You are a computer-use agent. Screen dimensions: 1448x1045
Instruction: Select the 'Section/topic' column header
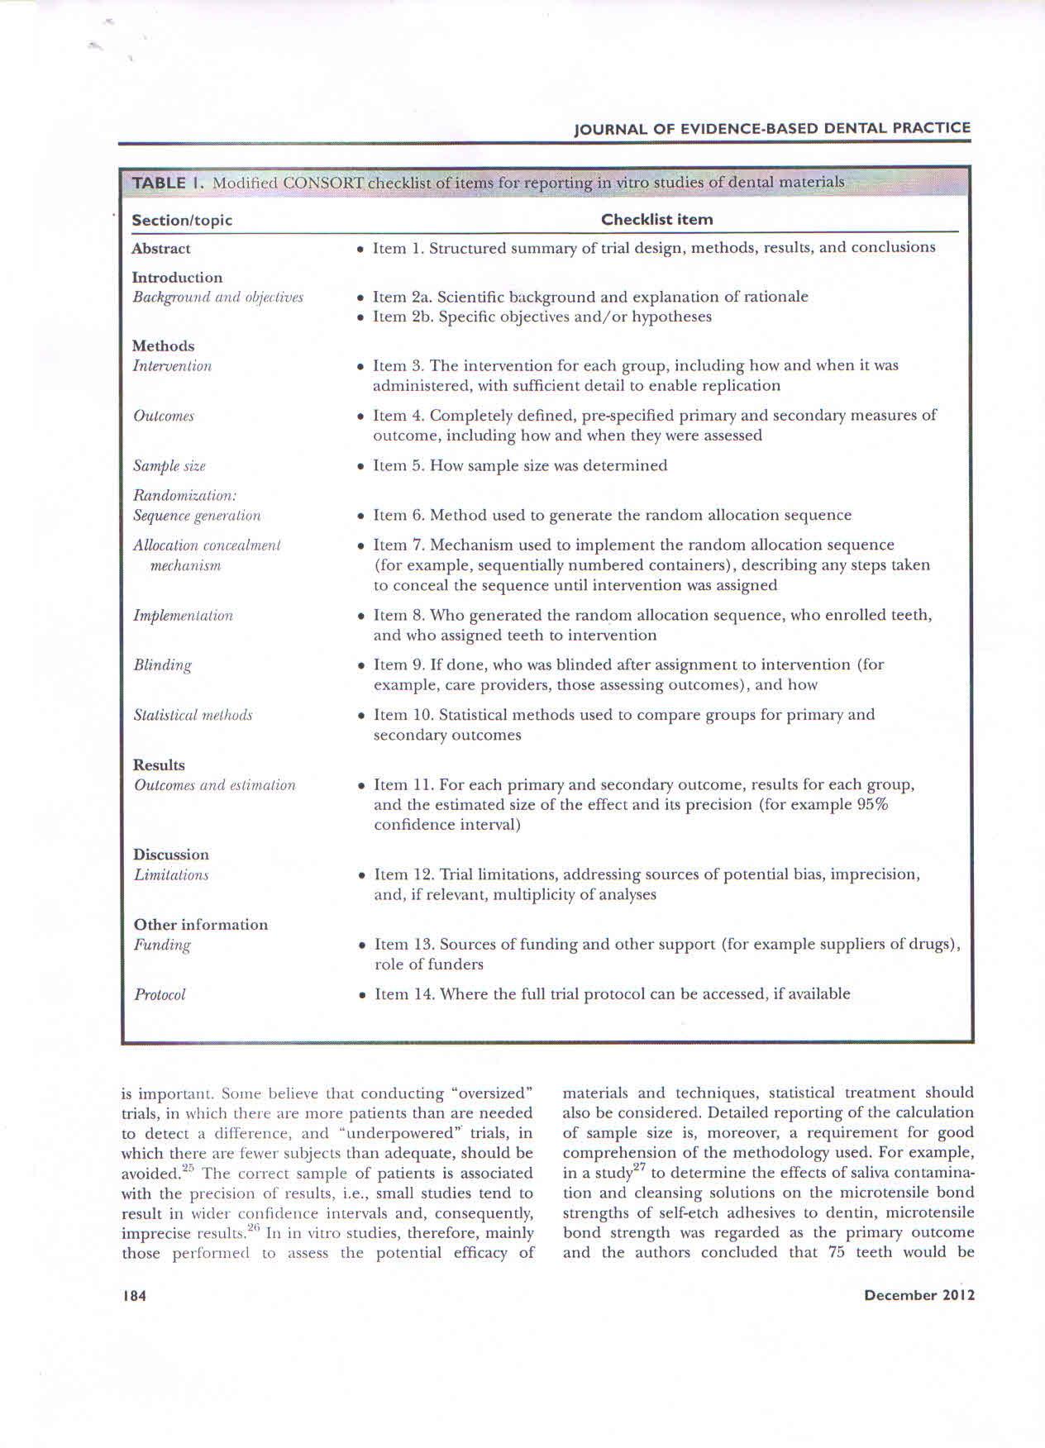click(x=182, y=220)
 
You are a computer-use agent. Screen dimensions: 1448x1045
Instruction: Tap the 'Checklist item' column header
click(x=656, y=219)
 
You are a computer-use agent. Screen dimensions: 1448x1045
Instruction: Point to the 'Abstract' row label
click(x=160, y=248)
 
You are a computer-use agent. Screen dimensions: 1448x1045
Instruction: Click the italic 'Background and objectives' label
click(x=217, y=297)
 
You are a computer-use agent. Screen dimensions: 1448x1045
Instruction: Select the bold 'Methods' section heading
click(x=163, y=345)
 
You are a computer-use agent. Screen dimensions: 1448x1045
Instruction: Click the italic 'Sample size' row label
click(x=169, y=466)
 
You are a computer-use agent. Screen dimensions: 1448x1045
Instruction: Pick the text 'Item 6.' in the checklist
click(x=398, y=515)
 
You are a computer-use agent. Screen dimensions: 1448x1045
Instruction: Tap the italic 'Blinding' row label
click(x=162, y=664)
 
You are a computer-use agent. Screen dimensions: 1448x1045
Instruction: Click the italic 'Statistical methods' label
click(x=193, y=715)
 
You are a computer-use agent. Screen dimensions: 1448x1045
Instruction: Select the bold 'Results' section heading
click(x=159, y=764)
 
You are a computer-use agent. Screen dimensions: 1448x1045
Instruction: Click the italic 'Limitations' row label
click(x=170, y=874)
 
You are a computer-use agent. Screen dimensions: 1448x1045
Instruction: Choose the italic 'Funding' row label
click(x=162, y=945)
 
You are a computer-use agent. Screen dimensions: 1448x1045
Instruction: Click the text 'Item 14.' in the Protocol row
click(x=404, y=994)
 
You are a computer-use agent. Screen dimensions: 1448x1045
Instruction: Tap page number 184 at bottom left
click(x=133, y=1296)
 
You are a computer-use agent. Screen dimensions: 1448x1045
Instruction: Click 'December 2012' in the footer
click(x=919, y=1295)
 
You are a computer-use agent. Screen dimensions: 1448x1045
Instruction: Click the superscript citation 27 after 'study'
click(x=638, y=1167)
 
